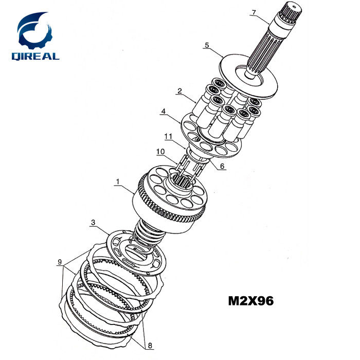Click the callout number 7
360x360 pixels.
(x=254, y=12)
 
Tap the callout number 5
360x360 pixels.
(x=207, y=45)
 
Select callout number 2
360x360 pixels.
(x=179, y=91)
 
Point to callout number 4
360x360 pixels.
(x=163, y=112)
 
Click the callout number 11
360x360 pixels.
(x=168, y=137)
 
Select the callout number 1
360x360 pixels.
(x=118, y=182)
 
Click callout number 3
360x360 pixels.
(x=93, y=222)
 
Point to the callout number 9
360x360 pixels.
(x=60, y=262)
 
